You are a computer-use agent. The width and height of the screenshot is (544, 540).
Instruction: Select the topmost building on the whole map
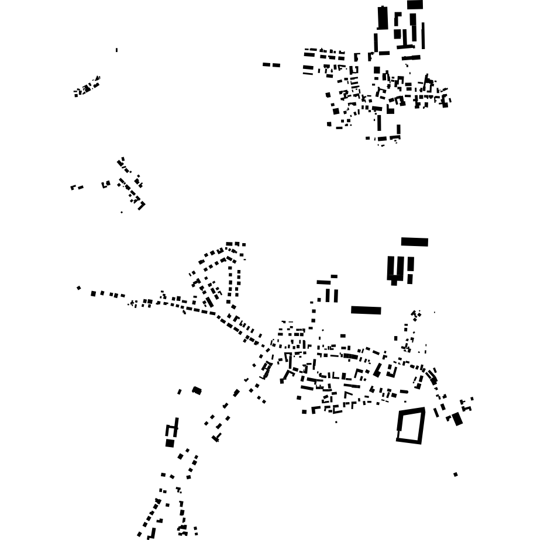pos(415,4)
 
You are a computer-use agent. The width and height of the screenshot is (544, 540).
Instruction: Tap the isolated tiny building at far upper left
pos(116,50)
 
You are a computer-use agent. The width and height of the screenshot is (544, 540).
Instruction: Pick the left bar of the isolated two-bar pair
pos(266,64)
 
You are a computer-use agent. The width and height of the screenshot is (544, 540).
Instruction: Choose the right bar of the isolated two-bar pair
pos(276,65)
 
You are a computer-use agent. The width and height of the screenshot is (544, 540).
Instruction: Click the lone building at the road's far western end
pos(79,288)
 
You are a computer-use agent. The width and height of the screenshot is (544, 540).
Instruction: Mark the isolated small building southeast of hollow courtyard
pos(456,475)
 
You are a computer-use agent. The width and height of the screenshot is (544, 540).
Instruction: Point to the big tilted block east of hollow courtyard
pos(457,418)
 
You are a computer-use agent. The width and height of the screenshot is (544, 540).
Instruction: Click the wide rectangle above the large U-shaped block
pos(414,242)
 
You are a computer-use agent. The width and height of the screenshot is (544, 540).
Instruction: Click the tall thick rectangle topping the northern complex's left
pos(383,18)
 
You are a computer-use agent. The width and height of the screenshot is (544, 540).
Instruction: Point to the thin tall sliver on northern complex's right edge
pos(423,36)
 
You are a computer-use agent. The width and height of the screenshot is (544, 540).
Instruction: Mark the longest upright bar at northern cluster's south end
pos(379,123)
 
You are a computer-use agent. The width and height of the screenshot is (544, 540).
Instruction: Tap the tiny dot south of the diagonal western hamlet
pos(122,212)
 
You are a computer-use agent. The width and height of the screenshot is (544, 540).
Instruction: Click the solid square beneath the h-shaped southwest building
pos(170,443)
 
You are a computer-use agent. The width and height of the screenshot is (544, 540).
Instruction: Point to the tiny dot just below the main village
pos(336,422)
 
